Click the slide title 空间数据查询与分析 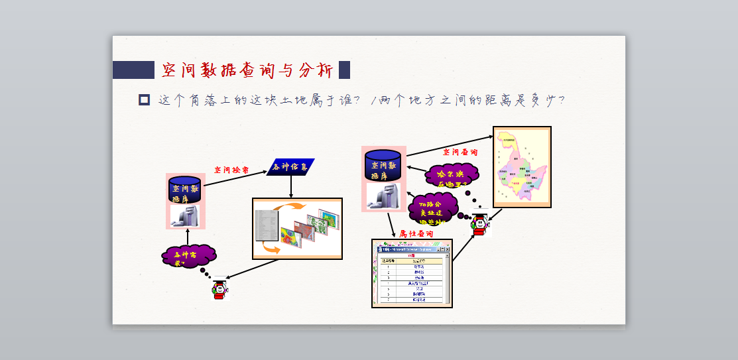247,70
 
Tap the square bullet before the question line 144,100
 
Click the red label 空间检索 231,170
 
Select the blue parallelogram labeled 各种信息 290,167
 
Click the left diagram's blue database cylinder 185,190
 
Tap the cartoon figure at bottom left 219,289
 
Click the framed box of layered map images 297,228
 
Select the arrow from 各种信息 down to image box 291,187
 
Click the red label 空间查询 460,152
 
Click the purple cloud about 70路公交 434,208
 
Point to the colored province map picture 522,166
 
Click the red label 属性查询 416,234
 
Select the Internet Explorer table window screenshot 412,273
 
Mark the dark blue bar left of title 133,70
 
